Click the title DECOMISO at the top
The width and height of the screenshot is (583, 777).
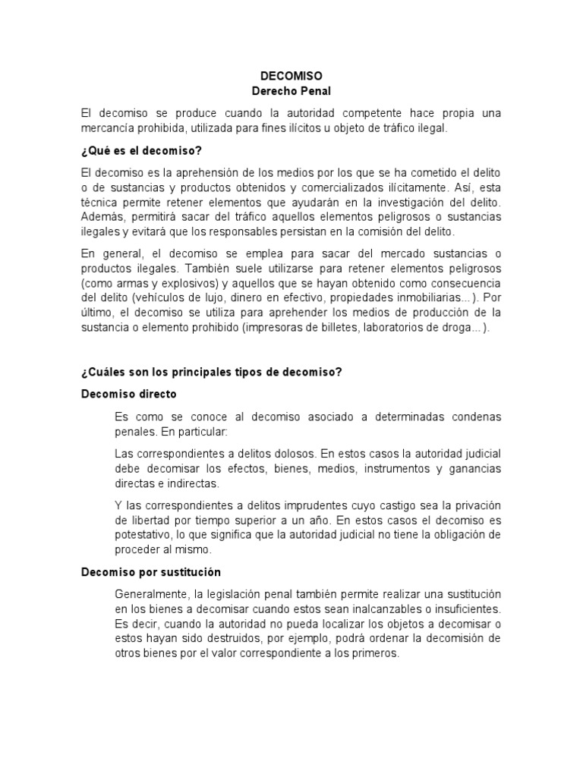(291, 77)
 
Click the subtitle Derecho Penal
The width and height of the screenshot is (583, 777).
(291, 91)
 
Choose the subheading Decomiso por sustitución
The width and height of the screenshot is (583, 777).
(151, 571)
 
